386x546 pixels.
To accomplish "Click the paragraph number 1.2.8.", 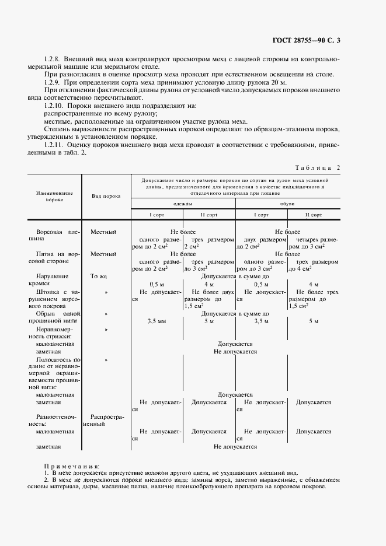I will pos(54,60).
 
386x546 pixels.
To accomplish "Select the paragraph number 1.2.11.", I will pos(55,143).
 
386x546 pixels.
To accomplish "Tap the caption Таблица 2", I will pos(319,167).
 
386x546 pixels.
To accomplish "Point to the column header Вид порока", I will pos(106,195).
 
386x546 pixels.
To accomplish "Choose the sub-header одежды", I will pos(183,204).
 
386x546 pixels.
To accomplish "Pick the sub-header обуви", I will pos(287,204).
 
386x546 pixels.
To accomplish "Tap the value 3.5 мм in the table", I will pos(158,321).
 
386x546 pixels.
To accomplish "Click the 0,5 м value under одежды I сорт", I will pos(157,284).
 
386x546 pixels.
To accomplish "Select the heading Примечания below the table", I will pos(72,466).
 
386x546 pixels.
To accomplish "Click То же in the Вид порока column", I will pos(99,276).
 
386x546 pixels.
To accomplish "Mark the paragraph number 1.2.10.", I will pos(55,106).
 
